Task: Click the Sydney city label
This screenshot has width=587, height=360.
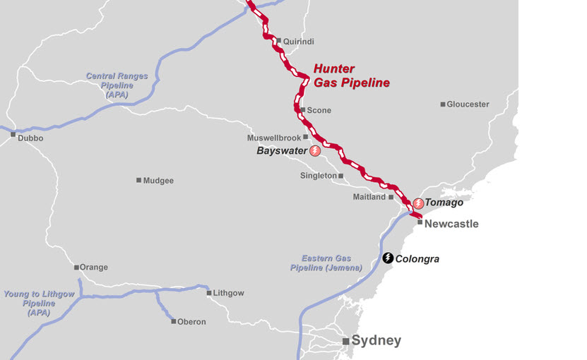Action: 376,341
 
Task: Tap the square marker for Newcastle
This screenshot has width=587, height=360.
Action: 420,222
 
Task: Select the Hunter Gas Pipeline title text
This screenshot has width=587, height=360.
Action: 351,76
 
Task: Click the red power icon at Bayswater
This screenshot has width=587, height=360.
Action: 315,151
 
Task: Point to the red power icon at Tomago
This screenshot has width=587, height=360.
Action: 419,203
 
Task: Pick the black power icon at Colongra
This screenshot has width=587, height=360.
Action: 388,258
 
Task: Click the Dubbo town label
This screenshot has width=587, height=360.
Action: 30,138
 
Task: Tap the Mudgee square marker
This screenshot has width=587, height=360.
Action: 138,180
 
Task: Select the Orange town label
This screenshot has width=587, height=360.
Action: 94,268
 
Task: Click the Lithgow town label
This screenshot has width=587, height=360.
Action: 230,293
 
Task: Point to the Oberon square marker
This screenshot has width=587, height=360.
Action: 174,321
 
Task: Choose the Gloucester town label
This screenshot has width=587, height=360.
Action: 468,104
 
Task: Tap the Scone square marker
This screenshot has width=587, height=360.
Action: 302,110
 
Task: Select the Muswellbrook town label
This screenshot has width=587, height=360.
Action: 274,138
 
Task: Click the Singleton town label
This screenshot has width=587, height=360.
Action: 318,176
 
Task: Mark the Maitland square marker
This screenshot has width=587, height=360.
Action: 391,197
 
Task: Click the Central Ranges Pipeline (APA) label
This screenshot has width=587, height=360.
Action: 109,85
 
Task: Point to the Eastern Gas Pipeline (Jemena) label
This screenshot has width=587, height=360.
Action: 326,263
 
